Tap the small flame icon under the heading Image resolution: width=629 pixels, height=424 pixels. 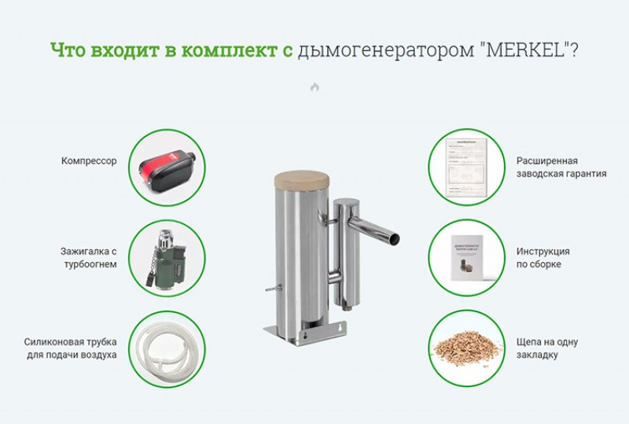point(314,87)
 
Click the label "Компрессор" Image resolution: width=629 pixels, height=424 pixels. point(89,161)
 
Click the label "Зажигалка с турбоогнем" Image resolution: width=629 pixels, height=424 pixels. point(89,258)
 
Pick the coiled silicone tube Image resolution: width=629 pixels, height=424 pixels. point(167,348)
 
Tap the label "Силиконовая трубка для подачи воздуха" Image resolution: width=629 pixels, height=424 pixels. point(70,348)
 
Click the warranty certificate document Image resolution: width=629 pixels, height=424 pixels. point(467,167)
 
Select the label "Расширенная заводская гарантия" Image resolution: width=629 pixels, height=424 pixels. point(561,167)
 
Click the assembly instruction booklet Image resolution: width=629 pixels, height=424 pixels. point(466,258)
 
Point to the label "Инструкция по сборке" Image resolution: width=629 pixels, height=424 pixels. point(543,258)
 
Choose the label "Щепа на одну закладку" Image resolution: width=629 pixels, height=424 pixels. point(546,348)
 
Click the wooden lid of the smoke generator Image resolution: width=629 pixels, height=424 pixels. point(301,179)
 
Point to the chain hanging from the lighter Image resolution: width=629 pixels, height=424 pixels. point(151,267)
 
